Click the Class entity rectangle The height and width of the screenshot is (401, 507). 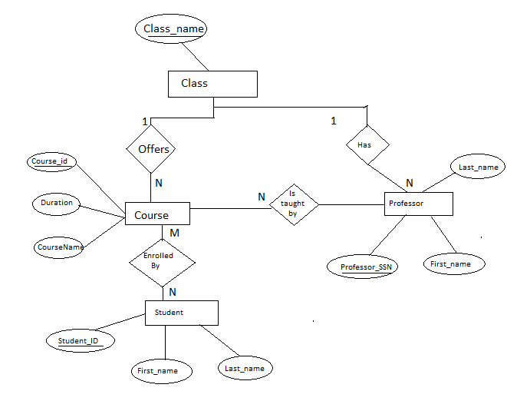pyautogui.click(x=212, y=84)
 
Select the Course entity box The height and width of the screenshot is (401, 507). pyautogui.click(x=157, y=215)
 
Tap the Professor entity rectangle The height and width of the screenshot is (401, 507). pyautogui.click(x=418, y=204)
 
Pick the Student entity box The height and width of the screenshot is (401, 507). pyautogui.click(x=182, y=313)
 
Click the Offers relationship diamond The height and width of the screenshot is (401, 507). pyautogui.click(x=153, y=149)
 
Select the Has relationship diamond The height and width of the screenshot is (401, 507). pyautogui.click(x=367, y=144)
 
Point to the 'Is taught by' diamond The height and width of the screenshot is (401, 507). pyautogui.click(x=293, y=204)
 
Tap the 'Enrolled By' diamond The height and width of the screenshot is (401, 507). pyautogui.click(x=162, y=260)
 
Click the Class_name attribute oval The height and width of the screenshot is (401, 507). pyautogui.click(x=172, y=29)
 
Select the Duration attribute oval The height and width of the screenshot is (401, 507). pyautogui.click(x=57, y=203)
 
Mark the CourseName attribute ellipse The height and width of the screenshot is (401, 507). pyautogui.click(x=60, y=247)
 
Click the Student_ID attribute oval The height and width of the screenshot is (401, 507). pyautogui.click(x=79, y=340)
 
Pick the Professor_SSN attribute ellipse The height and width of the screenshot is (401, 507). pyautogui.click(x=365, y=267)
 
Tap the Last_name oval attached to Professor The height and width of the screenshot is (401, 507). pyautogui.click(x=477, y=167)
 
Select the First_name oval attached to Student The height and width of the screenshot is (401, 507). pyautogui.click(x=157, y=370)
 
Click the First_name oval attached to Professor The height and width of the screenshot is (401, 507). pyautogui.click(x=453, y=263)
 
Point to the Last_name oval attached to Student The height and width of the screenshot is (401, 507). pyautogui.click(x=244, y=368)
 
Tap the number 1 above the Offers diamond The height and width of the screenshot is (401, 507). pyautogui.click(x=144, y=121)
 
